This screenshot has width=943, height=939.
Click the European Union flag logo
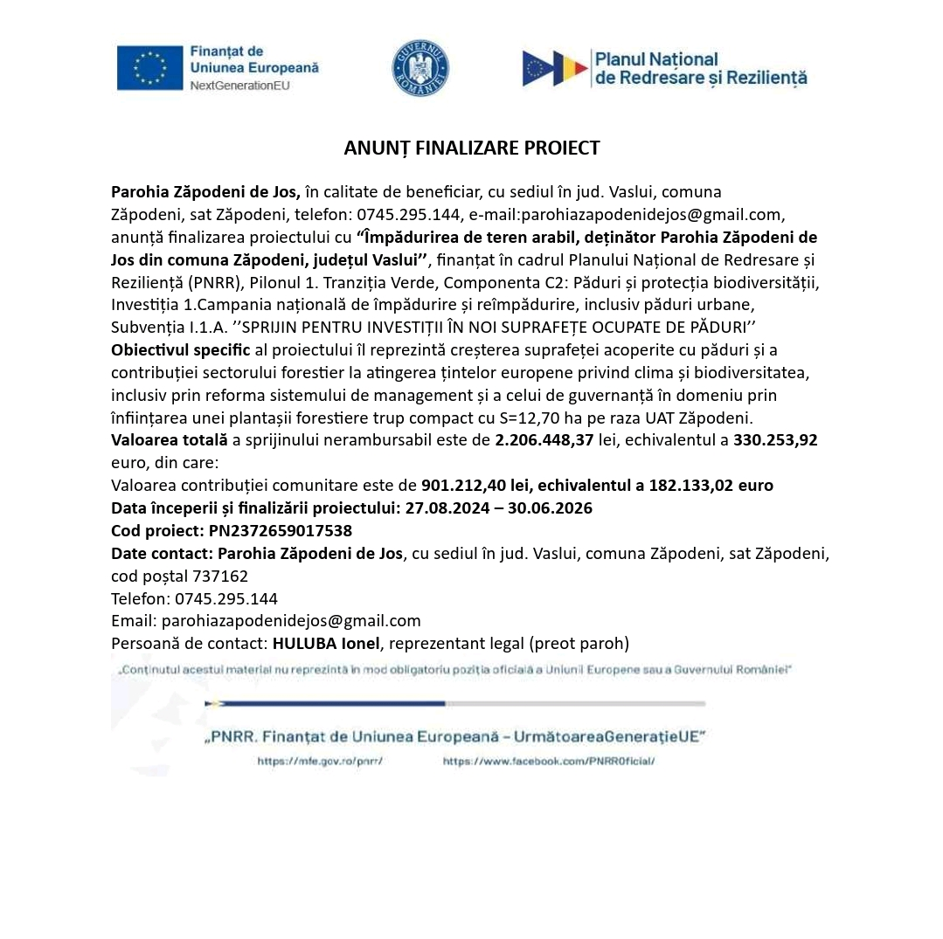(x=150, y=67)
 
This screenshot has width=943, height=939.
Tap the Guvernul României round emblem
(x=420, y=68)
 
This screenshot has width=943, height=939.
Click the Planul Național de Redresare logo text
(x=700, y=68)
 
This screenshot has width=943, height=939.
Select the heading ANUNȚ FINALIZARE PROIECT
(x=472, y=148)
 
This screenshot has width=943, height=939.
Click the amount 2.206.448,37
(x=544, y=440)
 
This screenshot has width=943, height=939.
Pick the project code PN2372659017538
(x=281, y=530)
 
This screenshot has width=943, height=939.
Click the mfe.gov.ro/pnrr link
(x=320, y=762)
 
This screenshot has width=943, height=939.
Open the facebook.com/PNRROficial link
(x=549, y=762)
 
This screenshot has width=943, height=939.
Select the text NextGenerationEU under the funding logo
(x=239, y=86)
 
